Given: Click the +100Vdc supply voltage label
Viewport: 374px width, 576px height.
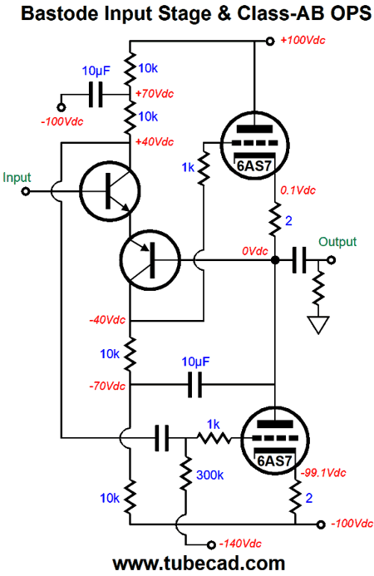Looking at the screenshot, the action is [303, 40].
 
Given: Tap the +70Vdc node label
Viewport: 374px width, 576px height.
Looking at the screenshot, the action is [155, 94].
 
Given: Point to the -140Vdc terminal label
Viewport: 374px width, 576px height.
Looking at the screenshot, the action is [240, 544].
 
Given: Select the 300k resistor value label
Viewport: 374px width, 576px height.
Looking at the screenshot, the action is [209, 475].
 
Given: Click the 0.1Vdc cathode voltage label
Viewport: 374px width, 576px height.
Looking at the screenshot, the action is [298, 190].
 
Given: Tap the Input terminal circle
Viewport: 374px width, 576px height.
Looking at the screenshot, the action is [26, 191].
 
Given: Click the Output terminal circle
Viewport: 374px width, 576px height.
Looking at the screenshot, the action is [331, 260].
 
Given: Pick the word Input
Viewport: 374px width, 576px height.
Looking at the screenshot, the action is [17, 178].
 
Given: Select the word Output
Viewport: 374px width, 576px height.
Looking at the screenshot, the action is [337, 242].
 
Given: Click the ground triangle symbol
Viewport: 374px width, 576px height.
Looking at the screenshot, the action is [318, 324].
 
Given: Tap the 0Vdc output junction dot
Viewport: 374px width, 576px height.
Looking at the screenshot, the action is [275, 260].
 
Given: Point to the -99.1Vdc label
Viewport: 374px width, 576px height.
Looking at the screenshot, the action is [323, 473].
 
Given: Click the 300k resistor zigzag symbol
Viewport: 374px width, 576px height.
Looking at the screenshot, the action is [185, 474].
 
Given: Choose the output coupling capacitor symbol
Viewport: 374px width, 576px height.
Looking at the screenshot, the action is [299, 260].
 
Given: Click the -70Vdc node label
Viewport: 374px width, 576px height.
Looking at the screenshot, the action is [107, 386].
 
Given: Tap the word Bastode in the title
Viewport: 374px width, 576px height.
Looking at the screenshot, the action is [60, 13].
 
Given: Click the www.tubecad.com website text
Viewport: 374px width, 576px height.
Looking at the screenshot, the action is [199, 564].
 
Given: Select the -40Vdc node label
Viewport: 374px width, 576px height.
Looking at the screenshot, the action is [107, 320].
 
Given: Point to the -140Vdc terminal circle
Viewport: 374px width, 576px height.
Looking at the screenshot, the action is [211, 544].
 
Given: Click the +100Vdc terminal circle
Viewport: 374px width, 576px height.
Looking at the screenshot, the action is [270, 42].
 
